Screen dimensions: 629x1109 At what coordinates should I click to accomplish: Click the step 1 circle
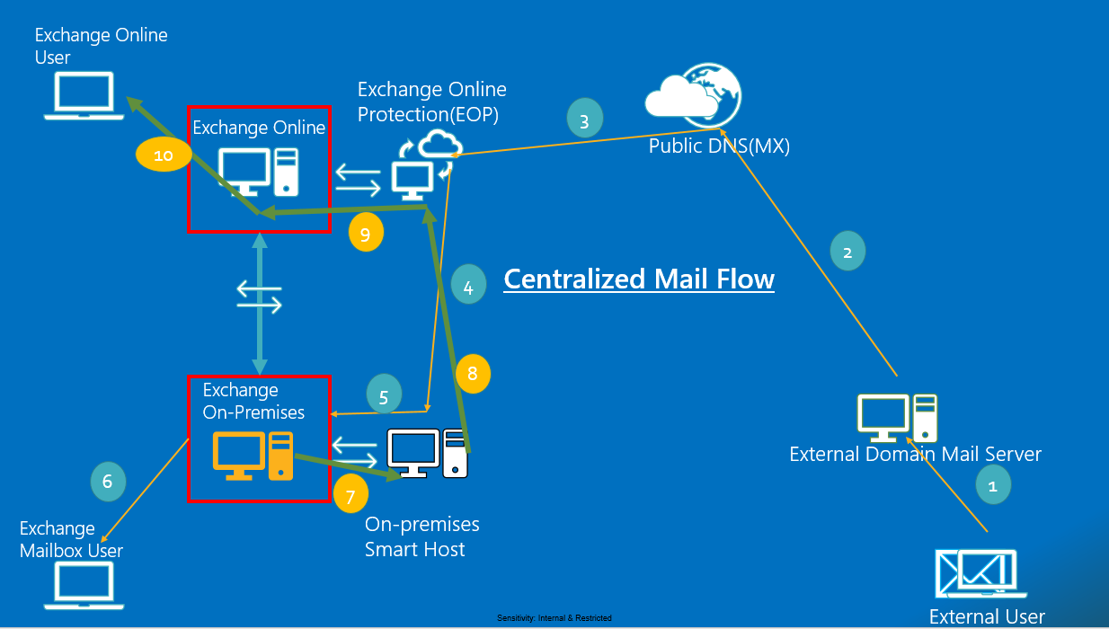click(993, 485)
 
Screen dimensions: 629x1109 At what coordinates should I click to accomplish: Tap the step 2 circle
click(847, 252)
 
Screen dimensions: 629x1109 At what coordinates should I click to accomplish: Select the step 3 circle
click(584, 120)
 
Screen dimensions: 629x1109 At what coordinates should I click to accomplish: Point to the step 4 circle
click(468, 287)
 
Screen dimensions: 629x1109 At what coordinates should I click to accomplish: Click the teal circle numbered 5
click(385, 396)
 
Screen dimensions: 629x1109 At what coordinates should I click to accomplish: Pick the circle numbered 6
click(108, 481)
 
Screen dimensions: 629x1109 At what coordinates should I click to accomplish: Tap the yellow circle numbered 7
click(350, 493)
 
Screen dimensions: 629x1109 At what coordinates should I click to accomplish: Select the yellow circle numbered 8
click(473, 374)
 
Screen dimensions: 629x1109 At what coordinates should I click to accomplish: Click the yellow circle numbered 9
click(366, 234)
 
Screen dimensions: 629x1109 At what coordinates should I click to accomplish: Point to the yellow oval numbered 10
click(164, 155)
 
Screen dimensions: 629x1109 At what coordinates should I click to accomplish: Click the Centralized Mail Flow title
click(639, 279)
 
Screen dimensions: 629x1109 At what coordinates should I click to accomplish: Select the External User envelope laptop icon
click(980, 574)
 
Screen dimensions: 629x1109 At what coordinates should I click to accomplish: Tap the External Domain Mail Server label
click(915, 454)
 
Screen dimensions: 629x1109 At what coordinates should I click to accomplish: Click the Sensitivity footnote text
click(554, 618)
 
